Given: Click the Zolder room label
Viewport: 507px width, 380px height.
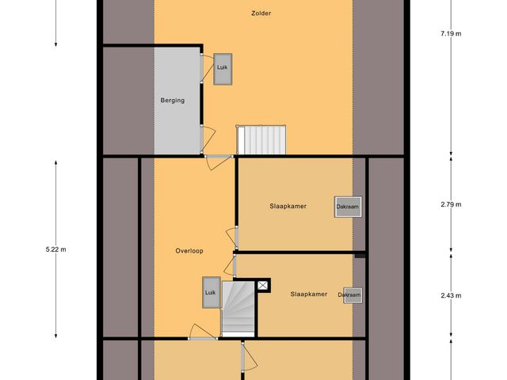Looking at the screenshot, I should tap(261, 13).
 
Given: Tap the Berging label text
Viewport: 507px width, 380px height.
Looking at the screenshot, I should tap(173, 101).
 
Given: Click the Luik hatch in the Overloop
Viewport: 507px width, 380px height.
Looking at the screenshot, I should tap(210, 292).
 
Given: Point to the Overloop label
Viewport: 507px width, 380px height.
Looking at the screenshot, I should tap(189, 251).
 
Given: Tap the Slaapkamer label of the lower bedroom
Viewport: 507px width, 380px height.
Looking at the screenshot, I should tap(309, 294).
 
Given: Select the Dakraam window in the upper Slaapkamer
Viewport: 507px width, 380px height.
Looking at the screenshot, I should tap(347, 207).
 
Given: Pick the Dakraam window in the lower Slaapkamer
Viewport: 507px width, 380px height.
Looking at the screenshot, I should tap(353, 294).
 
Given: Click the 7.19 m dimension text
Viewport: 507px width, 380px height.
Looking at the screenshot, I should tap(451, 34).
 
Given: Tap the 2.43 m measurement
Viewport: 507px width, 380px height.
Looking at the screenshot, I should tap(451, 295).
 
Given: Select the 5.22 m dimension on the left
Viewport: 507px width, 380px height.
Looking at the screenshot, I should tap(56, 249).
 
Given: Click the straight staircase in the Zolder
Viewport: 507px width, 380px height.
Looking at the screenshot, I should tap(261, 139).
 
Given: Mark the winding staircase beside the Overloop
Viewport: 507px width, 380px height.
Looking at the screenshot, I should tap(235, 309).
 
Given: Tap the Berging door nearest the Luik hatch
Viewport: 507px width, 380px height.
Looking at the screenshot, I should tap(205, 65).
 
